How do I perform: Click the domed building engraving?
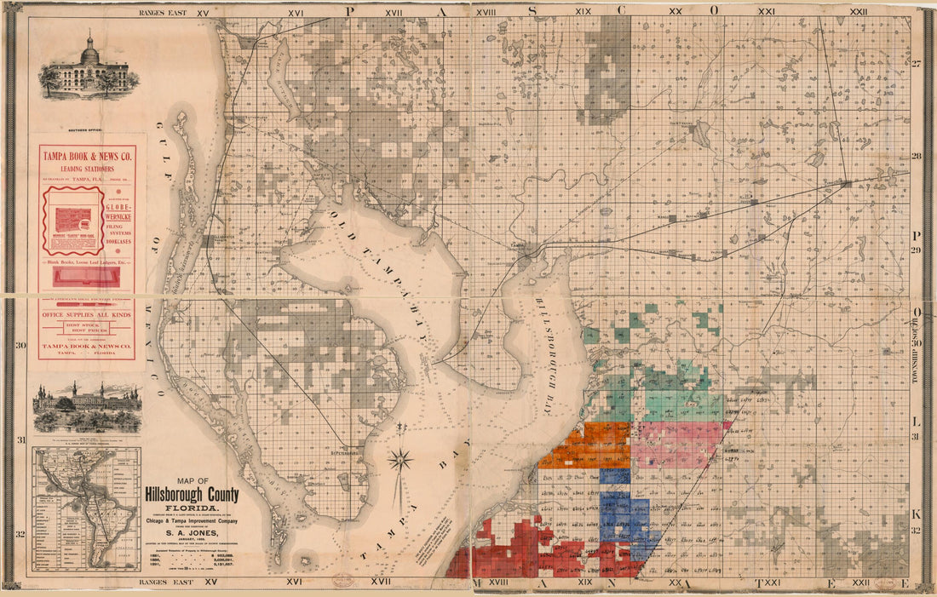point(88,66)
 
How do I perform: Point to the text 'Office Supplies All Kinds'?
point(86,314)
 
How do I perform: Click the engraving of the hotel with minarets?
point(87,408)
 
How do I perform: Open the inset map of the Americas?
point(86,509)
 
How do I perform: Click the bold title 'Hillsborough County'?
point(192,495)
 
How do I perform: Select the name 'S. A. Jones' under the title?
point(192,534)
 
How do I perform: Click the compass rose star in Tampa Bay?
point(400,462)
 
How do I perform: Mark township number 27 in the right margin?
point(917,65)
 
